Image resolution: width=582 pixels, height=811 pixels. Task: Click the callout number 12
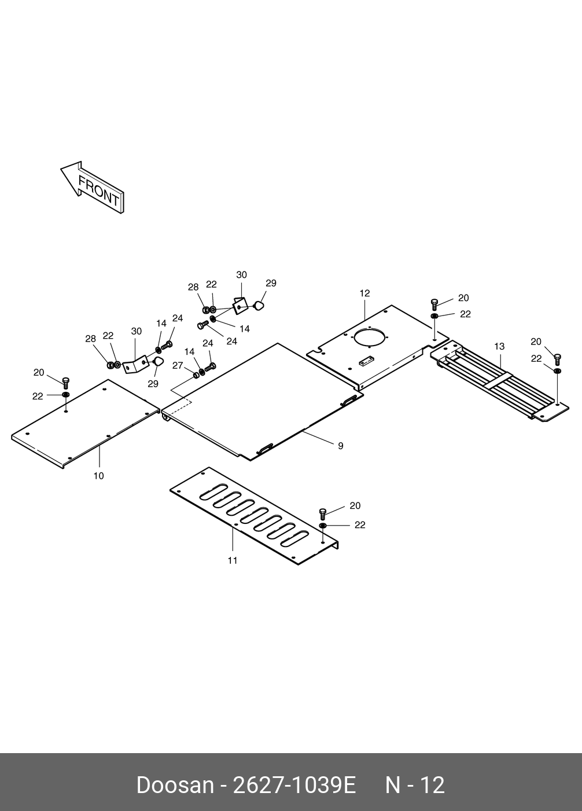pos(364,293)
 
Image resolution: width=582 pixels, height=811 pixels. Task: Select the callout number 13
pos(499,346)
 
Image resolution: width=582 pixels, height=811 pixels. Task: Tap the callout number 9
pos(341,446)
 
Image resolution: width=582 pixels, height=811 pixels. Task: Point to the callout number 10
pos(99,476)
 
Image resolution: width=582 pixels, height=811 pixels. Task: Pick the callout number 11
pos(233,560)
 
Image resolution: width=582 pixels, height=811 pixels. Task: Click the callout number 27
pos(178,365)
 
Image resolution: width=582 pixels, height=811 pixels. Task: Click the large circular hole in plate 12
pos(370,339)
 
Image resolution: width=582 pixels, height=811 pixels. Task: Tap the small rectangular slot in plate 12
pos(366,362)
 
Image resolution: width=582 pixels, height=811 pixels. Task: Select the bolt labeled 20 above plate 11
pos(323,513)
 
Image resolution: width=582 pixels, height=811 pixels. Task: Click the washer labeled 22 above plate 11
pos(323,525)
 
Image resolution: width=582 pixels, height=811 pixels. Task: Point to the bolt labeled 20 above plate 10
pos(65,382)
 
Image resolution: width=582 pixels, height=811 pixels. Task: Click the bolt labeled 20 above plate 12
pos(434,304)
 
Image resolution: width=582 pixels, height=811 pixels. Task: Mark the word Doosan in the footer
pos(175,785)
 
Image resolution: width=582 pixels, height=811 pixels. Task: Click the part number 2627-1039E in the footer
pos(293,785)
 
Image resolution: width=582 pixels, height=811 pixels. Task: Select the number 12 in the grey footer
pos(432,785)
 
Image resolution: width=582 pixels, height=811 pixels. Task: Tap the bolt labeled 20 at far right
pos(557,359)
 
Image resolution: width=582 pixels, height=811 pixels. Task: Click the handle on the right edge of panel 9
pos(349,400)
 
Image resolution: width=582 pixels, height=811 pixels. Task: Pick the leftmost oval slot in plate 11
pos(209,493)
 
